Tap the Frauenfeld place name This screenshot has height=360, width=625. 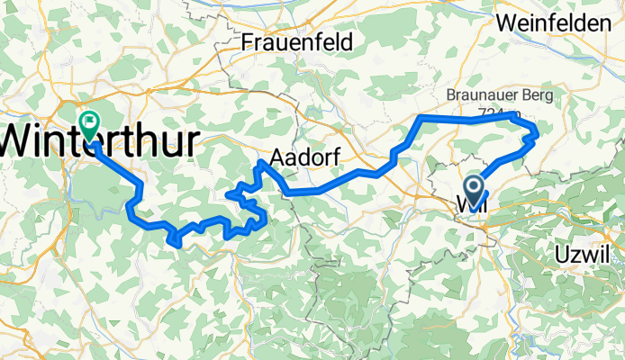pyautogui.click(x=297, y=41)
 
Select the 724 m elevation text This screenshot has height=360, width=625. pyautogui.click(x=500, y=112)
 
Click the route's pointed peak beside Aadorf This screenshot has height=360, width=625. pyautogui.click(x=260, y=162)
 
